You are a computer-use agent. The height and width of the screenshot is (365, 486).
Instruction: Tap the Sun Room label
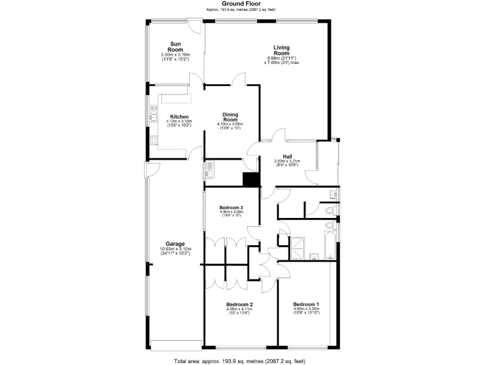click(176, 46)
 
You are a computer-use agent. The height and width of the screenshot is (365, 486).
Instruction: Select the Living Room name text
click(281, 50)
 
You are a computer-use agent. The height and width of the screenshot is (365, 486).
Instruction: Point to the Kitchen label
click(179, 117)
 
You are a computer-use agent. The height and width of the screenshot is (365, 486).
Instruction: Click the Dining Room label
click(230, 116)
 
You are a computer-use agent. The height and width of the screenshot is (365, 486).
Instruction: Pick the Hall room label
click(287, 156)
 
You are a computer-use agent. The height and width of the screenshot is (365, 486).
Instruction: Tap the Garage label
click(175, 244)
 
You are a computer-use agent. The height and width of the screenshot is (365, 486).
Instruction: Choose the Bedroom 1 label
click(306, 305)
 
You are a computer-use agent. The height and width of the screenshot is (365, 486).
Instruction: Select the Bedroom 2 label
click(239, 305)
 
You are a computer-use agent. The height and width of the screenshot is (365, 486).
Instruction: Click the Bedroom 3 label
click(231, 208)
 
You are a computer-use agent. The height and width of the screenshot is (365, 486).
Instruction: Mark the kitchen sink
click(153, 116)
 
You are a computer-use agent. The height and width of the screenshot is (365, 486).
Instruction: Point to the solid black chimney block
click(252, 179)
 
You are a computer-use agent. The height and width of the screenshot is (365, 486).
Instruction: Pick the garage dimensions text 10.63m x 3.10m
click(175, 249)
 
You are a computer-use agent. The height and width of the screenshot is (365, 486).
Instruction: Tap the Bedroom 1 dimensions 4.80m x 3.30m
click(306, 309)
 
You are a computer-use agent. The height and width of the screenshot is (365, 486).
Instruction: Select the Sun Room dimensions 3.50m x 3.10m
click(176, 55)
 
